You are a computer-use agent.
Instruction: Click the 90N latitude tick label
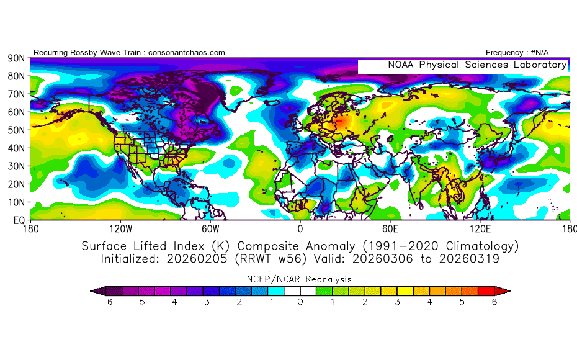click(16, 58)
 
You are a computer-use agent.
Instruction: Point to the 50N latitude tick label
click(16, 130)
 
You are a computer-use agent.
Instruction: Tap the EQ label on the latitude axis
click(19, 220)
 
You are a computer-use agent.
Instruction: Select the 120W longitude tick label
click(121, 229)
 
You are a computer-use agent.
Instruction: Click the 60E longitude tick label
click(390, 229)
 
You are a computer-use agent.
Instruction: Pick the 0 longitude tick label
click(300, 229)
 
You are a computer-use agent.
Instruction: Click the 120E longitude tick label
click(480, 229)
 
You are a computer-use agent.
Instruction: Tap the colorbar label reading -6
click(106, 302)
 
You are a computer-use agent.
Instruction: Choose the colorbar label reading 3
click(398, 302)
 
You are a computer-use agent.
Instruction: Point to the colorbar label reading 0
click(300, 302)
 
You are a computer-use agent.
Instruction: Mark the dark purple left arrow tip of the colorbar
click(91, 291)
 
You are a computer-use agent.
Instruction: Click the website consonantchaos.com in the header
click(187, 53)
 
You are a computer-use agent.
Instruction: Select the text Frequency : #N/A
click(517, 53)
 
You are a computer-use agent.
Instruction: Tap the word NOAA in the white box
click(401, 65)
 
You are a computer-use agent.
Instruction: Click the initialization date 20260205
click(197, 259)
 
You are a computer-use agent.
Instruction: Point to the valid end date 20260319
click(469, 259)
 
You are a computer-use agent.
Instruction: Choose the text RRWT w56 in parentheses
click(271, 259)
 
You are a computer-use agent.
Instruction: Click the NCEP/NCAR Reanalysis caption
click(299, 279)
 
